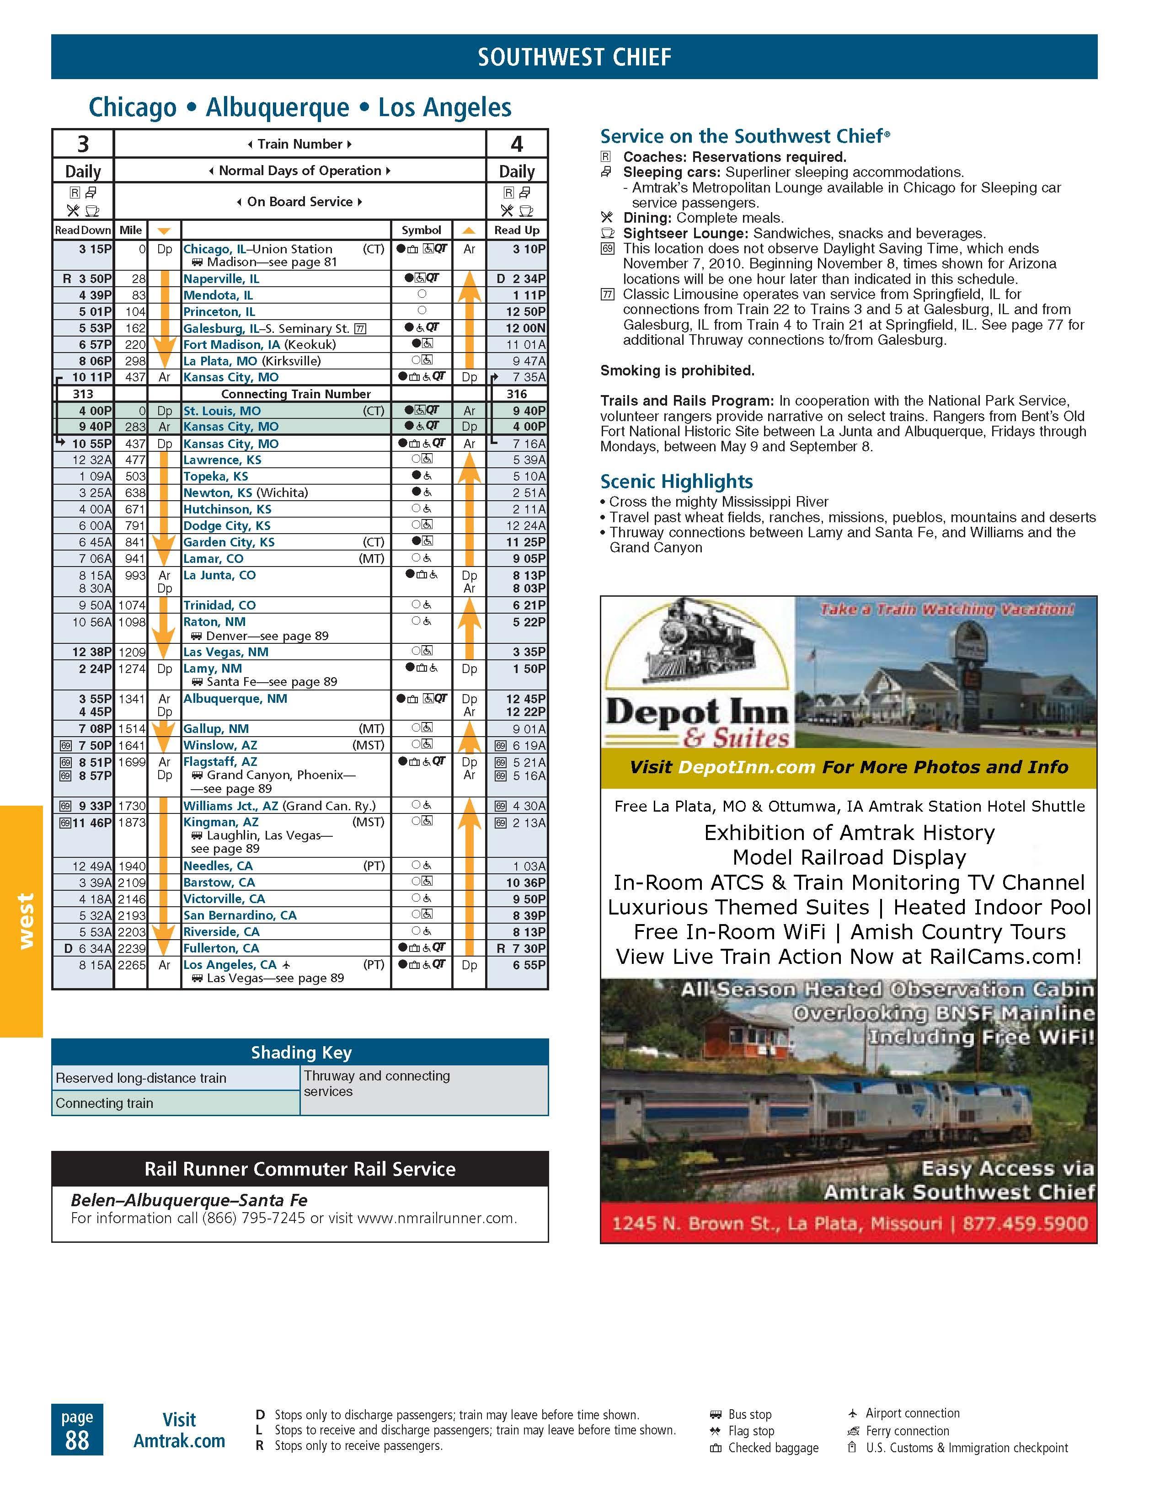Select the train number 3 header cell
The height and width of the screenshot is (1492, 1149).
pos(83,144)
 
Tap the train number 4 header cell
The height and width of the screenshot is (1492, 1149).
pos(517,144)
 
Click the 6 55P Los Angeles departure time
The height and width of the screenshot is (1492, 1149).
pos(529,965)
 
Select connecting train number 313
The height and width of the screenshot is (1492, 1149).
pos(83,394)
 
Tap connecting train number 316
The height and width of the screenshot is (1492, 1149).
pos(517,394)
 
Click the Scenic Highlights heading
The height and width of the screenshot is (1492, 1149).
pos(676,481)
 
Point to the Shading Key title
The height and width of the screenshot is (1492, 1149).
pos(300,1052)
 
